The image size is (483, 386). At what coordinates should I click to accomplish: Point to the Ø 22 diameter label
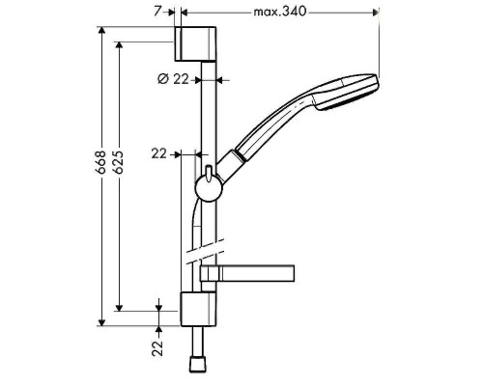click(x=173, y=79)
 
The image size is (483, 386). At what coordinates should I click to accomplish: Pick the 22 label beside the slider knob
click(x=159, y=152)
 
